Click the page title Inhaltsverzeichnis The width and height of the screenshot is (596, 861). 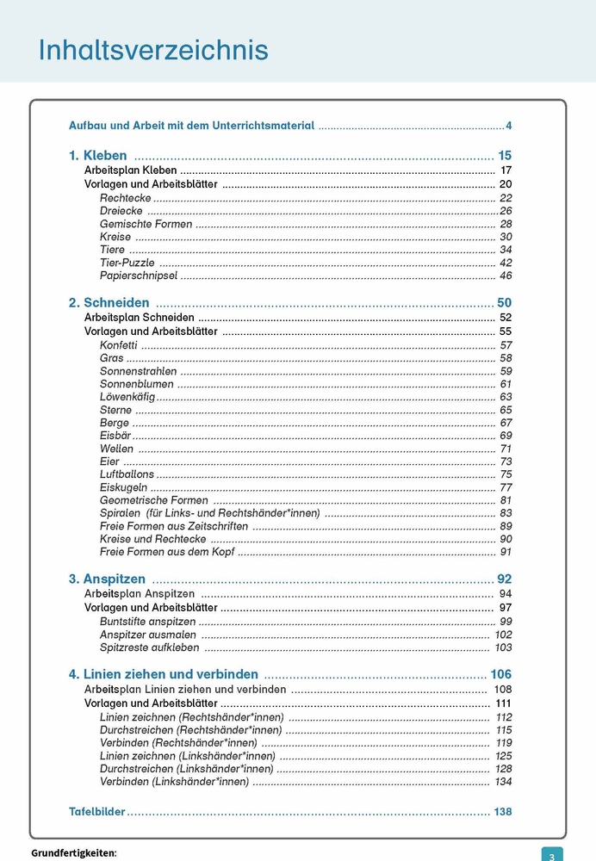coord(153,50)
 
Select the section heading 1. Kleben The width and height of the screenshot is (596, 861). coord(98,156)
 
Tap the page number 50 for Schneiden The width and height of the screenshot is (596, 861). coord(505,302)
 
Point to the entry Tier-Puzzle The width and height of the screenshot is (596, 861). coord(127,263)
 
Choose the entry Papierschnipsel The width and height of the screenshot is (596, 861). coord(139,276)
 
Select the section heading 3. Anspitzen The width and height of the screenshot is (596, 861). coord(108,579)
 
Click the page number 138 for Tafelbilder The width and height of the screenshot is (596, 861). coord(502,811)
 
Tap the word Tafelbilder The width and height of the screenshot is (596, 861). coord(97,811)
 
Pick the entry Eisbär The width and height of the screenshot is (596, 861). coord(115,436)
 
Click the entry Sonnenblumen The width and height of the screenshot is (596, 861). coord(137,384)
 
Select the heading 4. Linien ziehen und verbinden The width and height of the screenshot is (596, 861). coord(164,673)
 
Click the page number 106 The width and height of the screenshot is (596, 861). coord(500,673)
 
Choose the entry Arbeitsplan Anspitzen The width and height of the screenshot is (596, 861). coord(140,594)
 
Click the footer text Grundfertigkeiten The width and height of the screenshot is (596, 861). coord(73,853)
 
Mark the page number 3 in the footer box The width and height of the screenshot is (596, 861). coord(552,855)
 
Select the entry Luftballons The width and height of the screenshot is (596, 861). coord(127,474)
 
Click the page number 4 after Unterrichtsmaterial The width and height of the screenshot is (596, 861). coord(509,126)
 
